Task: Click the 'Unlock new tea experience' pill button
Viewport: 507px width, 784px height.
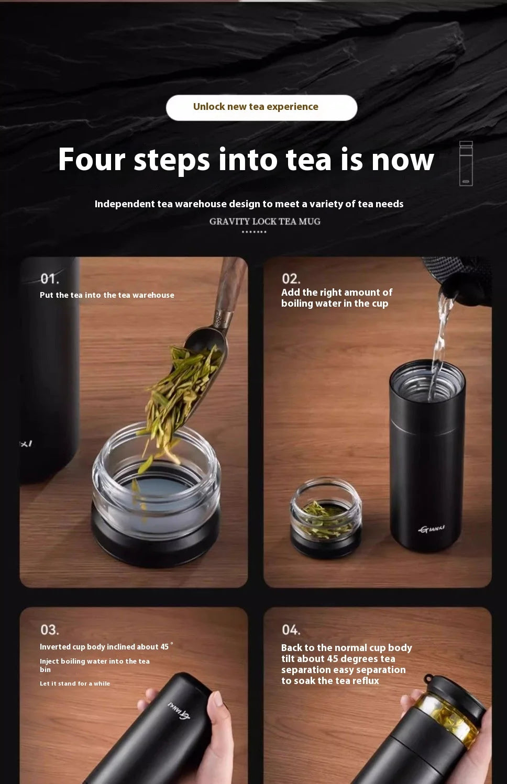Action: point(261,107)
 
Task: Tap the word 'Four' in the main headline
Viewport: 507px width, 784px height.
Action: point(92,160)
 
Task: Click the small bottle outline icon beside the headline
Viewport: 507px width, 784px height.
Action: point(466,163)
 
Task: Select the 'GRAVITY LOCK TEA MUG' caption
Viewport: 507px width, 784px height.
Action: point(265,221)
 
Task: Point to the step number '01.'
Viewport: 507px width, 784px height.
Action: point(50,279)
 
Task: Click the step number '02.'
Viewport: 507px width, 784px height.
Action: point(291,279)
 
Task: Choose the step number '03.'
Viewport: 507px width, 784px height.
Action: point(50,630)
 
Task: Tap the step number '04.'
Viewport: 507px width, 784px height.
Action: point(291,630)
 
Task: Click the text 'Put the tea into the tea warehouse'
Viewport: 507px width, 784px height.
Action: point(107,295)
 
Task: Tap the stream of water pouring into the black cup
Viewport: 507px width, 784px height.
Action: point(442,346)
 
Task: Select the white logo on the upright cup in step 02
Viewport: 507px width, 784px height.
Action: point(432,529)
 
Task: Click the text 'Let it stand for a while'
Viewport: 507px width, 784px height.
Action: point(75,684)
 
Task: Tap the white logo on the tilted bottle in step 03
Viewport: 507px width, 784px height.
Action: point(179,711)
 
